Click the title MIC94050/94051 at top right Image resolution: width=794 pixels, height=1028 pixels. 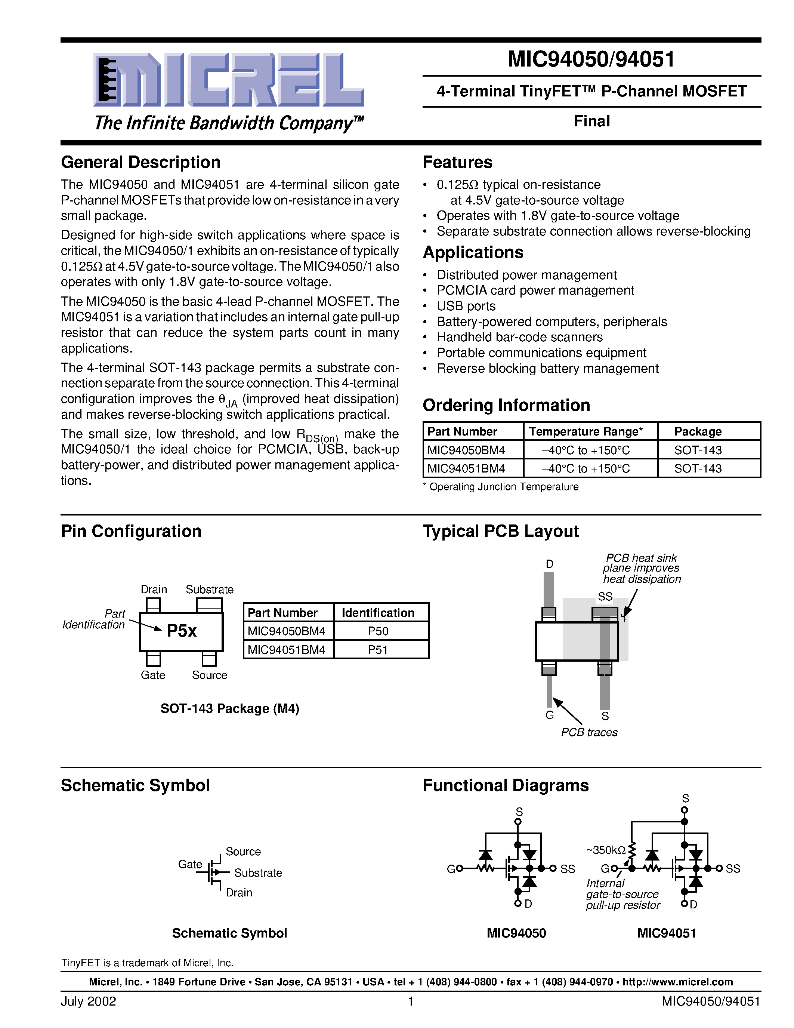[x=591, y=60]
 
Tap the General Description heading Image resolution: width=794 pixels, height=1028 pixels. [x=140, y=162]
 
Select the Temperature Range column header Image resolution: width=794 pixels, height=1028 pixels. [x=586, y=432]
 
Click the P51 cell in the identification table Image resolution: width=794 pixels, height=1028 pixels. [x=378, y=650]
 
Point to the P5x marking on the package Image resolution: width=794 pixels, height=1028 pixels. [x=182, y=631]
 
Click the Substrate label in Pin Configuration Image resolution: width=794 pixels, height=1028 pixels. [x=209, y=589]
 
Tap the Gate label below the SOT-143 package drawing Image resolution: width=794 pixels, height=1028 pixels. [x=153, y=675]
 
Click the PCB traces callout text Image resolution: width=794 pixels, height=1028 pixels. [x=589, y=732]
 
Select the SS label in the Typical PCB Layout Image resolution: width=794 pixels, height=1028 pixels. [x=605, y=596]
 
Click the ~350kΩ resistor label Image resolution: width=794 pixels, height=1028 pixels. [x=606, y=850]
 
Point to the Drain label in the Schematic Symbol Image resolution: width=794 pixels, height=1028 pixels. [x=239, y=892]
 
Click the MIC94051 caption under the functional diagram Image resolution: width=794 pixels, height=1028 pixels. [x=667, y=933]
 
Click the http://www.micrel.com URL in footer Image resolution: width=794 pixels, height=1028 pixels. [x=677, y=982]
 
